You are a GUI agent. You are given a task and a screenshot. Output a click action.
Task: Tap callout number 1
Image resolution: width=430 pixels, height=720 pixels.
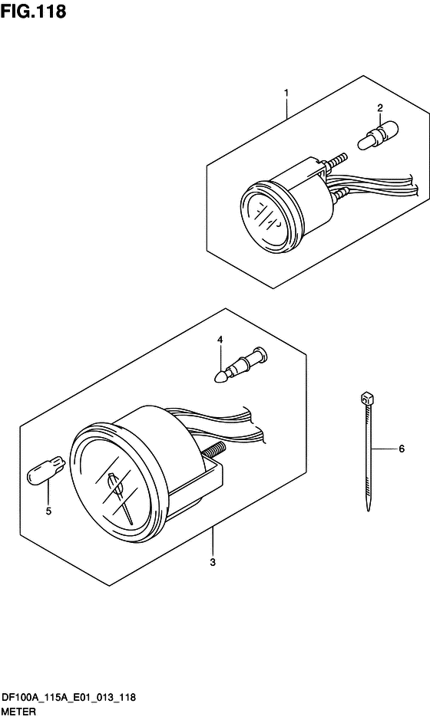286,93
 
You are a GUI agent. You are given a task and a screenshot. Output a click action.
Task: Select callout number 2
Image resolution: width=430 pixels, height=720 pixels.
380,108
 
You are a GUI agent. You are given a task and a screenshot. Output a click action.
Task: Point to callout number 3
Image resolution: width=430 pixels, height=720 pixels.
213,563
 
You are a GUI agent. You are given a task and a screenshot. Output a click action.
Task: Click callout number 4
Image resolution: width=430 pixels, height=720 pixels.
220,340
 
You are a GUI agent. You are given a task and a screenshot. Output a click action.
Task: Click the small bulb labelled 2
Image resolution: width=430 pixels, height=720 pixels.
379,136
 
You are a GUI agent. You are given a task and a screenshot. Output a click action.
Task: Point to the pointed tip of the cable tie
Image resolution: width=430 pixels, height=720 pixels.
368,509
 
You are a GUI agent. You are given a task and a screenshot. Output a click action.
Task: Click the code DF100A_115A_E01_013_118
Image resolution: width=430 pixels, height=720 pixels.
69,698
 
